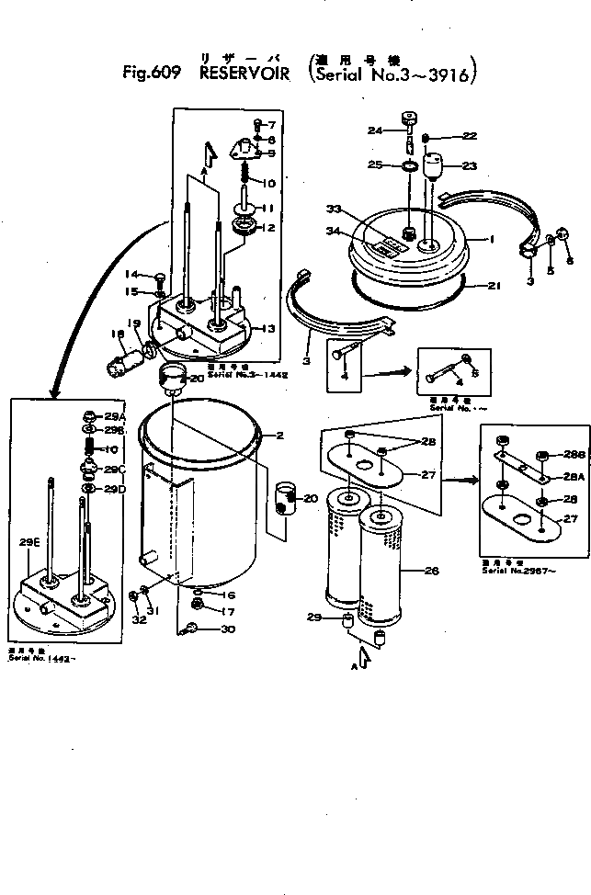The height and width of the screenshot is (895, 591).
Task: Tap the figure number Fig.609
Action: pos(152,74)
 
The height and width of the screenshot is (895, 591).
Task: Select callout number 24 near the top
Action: pos(375,130)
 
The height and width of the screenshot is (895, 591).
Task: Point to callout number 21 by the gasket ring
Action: pos(494,287)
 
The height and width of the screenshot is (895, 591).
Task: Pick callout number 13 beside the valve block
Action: pos(269,329)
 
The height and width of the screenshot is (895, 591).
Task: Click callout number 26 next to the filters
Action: pos(431,571)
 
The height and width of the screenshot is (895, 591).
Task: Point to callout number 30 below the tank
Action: pos(228,629)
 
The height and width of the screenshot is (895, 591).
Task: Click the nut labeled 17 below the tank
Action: pos(198,605)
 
